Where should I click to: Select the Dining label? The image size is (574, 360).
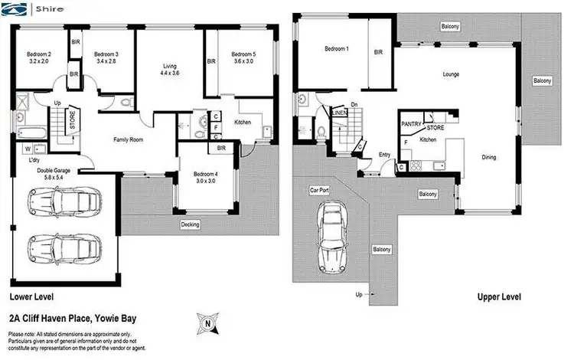pyautogui.click(x=488, y=158)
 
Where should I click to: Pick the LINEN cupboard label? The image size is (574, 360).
pyautogui.click(x=340, y=113)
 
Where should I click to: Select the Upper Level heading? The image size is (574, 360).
pyautogui.click(x=499, y=296)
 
